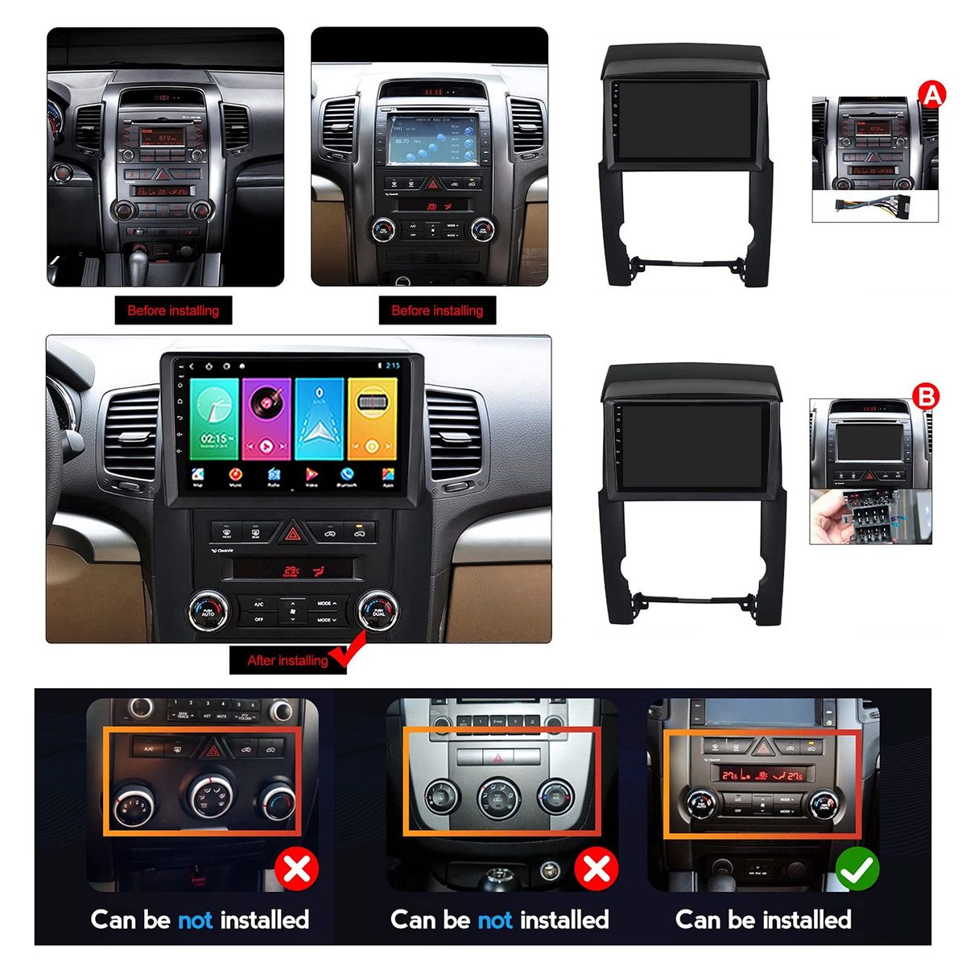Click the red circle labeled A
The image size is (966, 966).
point(931,95)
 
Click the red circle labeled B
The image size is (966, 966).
point(927,396)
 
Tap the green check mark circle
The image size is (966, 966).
point(857,869)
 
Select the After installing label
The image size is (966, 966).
point(287,661)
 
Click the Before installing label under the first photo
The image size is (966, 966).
point(173,311)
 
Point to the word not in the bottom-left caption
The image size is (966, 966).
point(196,919)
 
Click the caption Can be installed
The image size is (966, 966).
point(763,919)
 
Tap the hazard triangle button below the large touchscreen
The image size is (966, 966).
point(292,532)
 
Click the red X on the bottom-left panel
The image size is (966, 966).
point(296,869)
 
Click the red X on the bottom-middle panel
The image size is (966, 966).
point(596,869)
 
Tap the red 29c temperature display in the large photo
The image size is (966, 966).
point(291,572)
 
